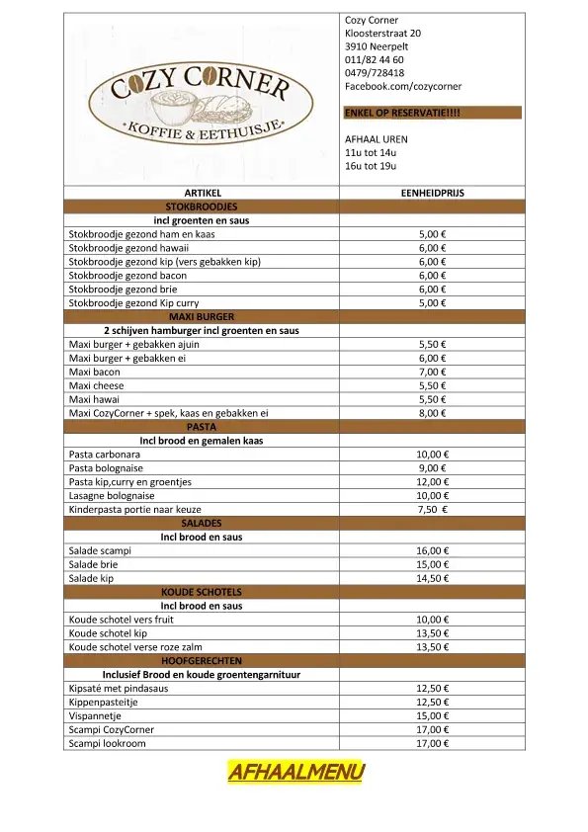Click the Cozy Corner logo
(x=201, y=102)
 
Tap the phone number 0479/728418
(x=374, y=73)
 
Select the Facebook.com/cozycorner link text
(x=402, y=87)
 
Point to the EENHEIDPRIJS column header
(x=432, y=193)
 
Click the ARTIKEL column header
(x=202, y=193)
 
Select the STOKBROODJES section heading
(x=202, y=207)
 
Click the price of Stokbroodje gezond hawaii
(x=432, y=248)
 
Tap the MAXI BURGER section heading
(x=202, y=316)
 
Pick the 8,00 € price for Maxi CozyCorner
(x=432, y=413)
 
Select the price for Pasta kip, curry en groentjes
(x=432, y=482)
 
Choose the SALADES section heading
(x=202, y=523)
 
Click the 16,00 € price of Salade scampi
(x=432, y=550)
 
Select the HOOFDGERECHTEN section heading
(x=202, y=660)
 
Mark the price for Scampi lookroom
(x=432, y=743)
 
